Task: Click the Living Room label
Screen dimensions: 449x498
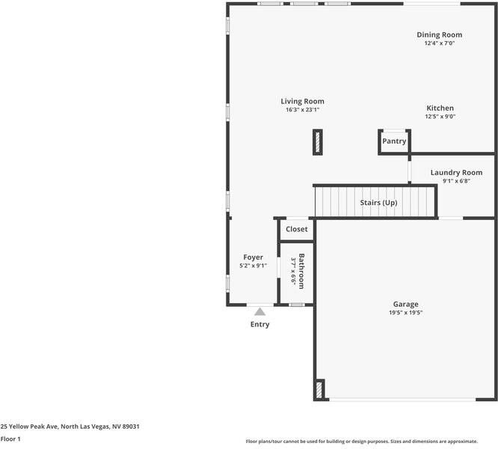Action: [302, 101]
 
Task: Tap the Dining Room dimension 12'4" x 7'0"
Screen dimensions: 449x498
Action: [439, 43]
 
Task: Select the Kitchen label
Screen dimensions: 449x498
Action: [440, 108]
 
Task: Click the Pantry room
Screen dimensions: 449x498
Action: [394, 141]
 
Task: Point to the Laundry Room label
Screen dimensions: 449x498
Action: [456, 172]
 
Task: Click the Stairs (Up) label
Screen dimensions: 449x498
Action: [378, 203]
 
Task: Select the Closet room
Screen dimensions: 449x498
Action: [297, 229]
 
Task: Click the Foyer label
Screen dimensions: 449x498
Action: [253, 257]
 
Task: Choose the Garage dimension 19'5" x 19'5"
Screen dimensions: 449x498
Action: [405, 313]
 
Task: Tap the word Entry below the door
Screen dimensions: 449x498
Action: [259, 325]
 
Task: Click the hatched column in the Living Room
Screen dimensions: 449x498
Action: [318, 141]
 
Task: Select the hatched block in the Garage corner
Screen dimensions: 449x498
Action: [319, 390]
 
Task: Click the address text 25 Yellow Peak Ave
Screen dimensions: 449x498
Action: [70, 426]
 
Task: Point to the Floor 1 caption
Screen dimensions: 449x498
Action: [10, 439]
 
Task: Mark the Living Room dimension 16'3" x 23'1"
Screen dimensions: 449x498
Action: [302, 110]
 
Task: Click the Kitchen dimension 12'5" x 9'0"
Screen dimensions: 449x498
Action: [440, 117]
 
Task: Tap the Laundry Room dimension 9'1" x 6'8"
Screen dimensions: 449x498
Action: [456, 180]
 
